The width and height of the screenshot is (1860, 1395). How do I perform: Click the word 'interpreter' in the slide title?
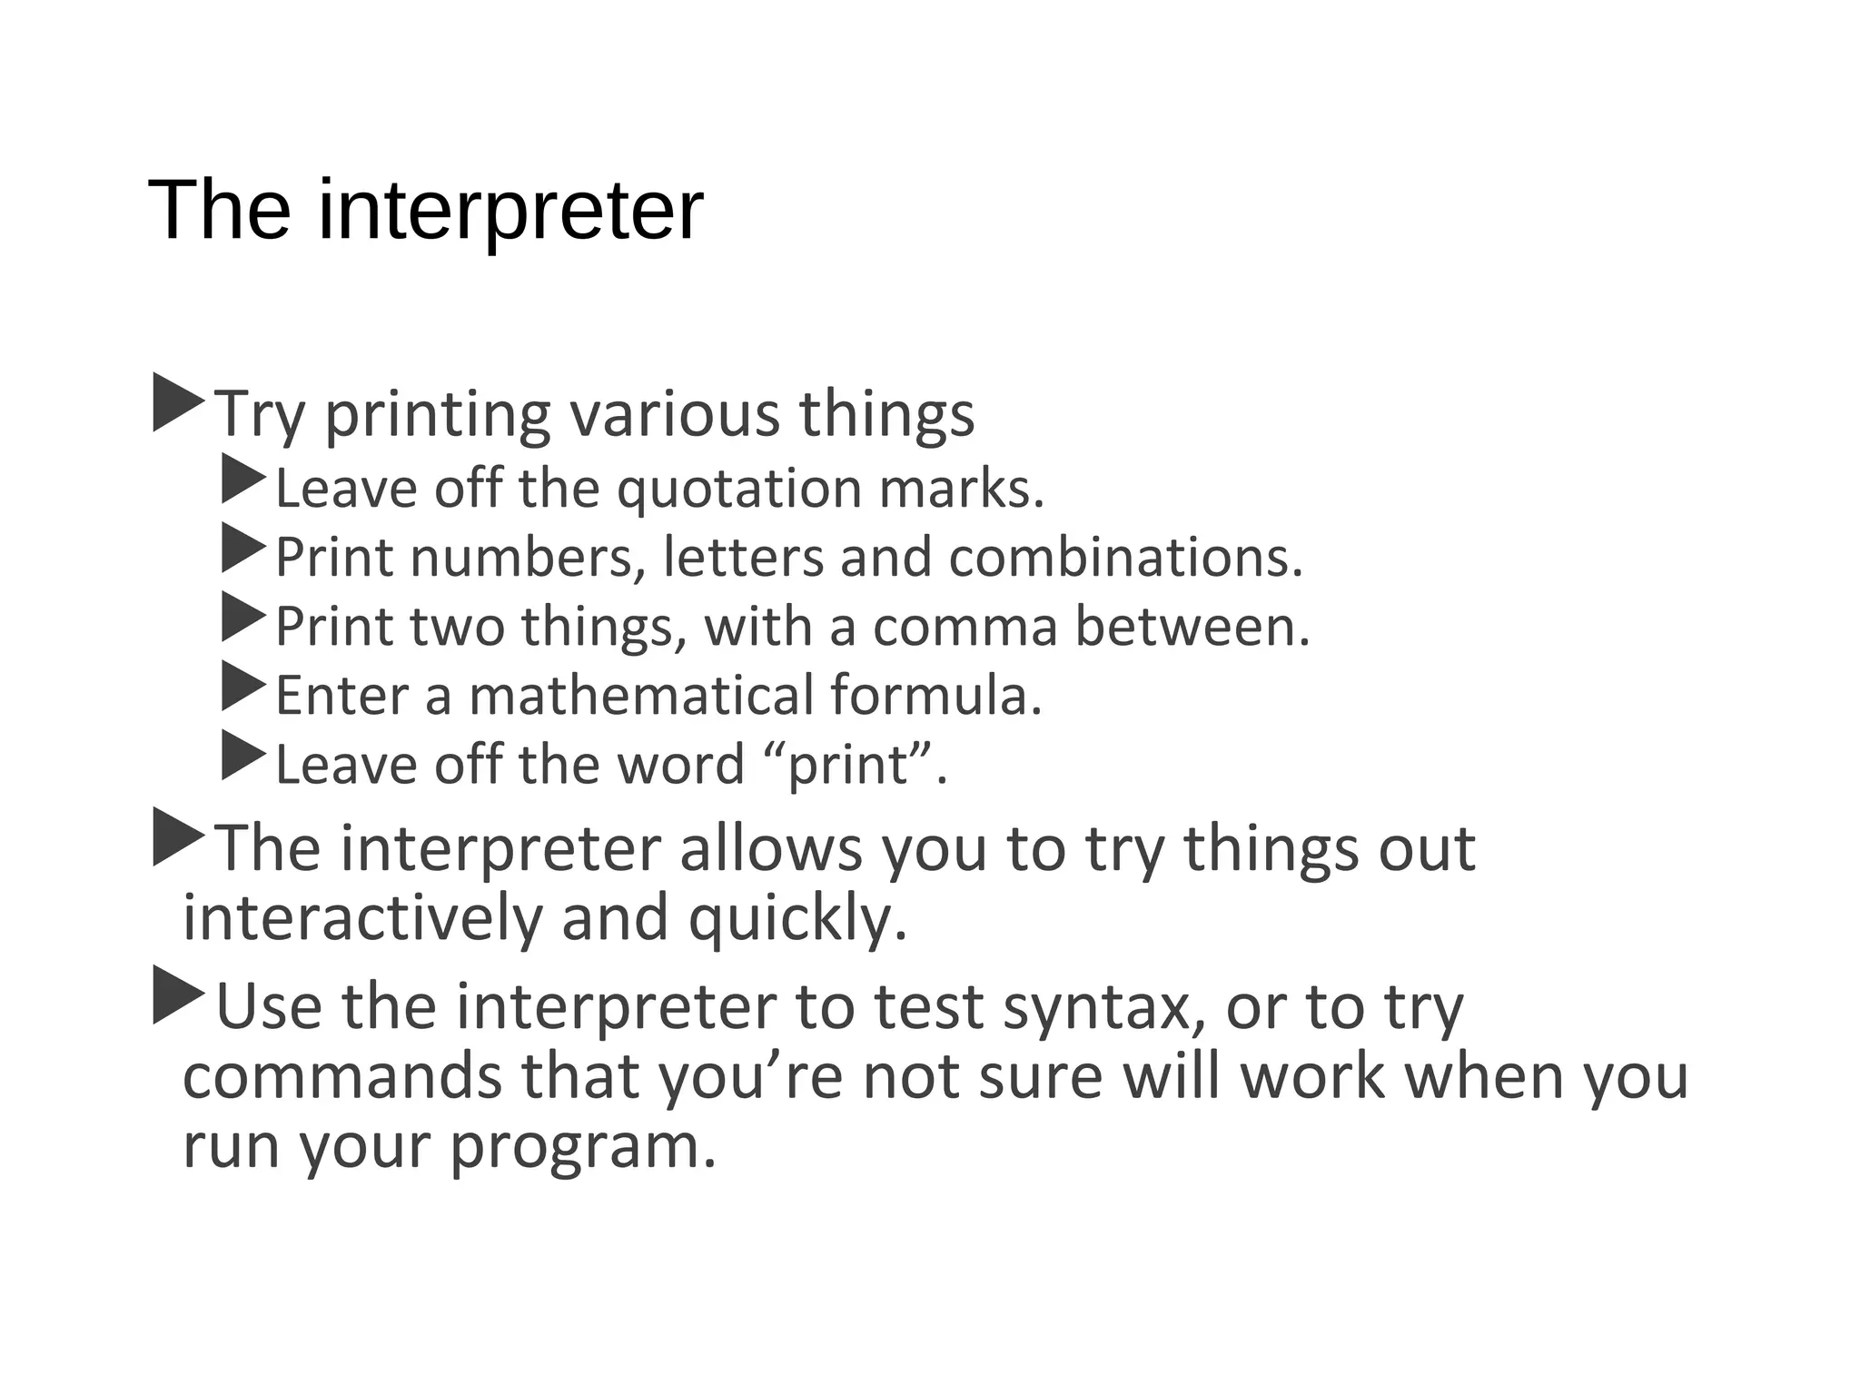510,211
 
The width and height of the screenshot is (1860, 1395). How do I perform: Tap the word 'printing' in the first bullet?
437,414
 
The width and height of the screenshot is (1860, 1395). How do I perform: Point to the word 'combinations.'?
1126,557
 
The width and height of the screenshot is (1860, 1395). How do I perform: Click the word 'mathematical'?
641,696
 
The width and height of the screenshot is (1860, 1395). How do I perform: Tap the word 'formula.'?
936,696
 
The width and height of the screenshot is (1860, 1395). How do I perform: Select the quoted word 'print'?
849,765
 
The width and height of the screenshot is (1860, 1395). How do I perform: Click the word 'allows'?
770,848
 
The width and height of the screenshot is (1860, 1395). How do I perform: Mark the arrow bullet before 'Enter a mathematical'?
242,687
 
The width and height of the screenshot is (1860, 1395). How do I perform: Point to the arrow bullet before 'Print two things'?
242,618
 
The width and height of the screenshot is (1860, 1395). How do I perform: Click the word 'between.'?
1192,627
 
